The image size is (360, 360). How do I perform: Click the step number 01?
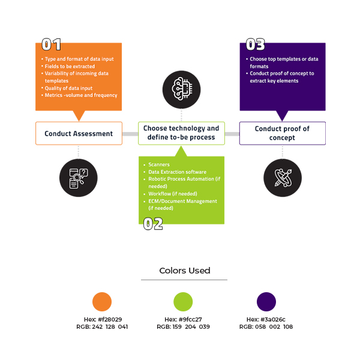click(x=52, y=44)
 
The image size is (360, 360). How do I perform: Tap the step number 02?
click(x=153, y=224)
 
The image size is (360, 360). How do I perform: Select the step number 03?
click(x=256, y=44)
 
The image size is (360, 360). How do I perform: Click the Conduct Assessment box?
click(x=79, y=133)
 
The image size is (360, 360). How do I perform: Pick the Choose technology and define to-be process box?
click(x=181, y=133)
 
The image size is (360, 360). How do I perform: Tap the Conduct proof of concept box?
click(x=283, y=133)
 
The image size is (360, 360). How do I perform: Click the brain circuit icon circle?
click(x=181, y=89)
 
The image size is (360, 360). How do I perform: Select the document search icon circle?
click(x=78, y=178)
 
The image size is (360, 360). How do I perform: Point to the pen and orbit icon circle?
click(x=283, y=178)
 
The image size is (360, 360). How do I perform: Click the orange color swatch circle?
click(x=102, y=302)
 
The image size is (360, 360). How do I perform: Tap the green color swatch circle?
click(x=183, y=302)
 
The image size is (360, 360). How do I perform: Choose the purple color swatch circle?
click(x=266, y=302)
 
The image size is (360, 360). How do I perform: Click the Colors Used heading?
click(x=185, y=271)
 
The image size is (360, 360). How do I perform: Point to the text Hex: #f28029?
click(x=103, y=319)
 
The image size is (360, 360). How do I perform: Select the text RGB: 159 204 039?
click(x=183, y=327)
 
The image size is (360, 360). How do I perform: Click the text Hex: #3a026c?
click(x=266, y=319)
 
